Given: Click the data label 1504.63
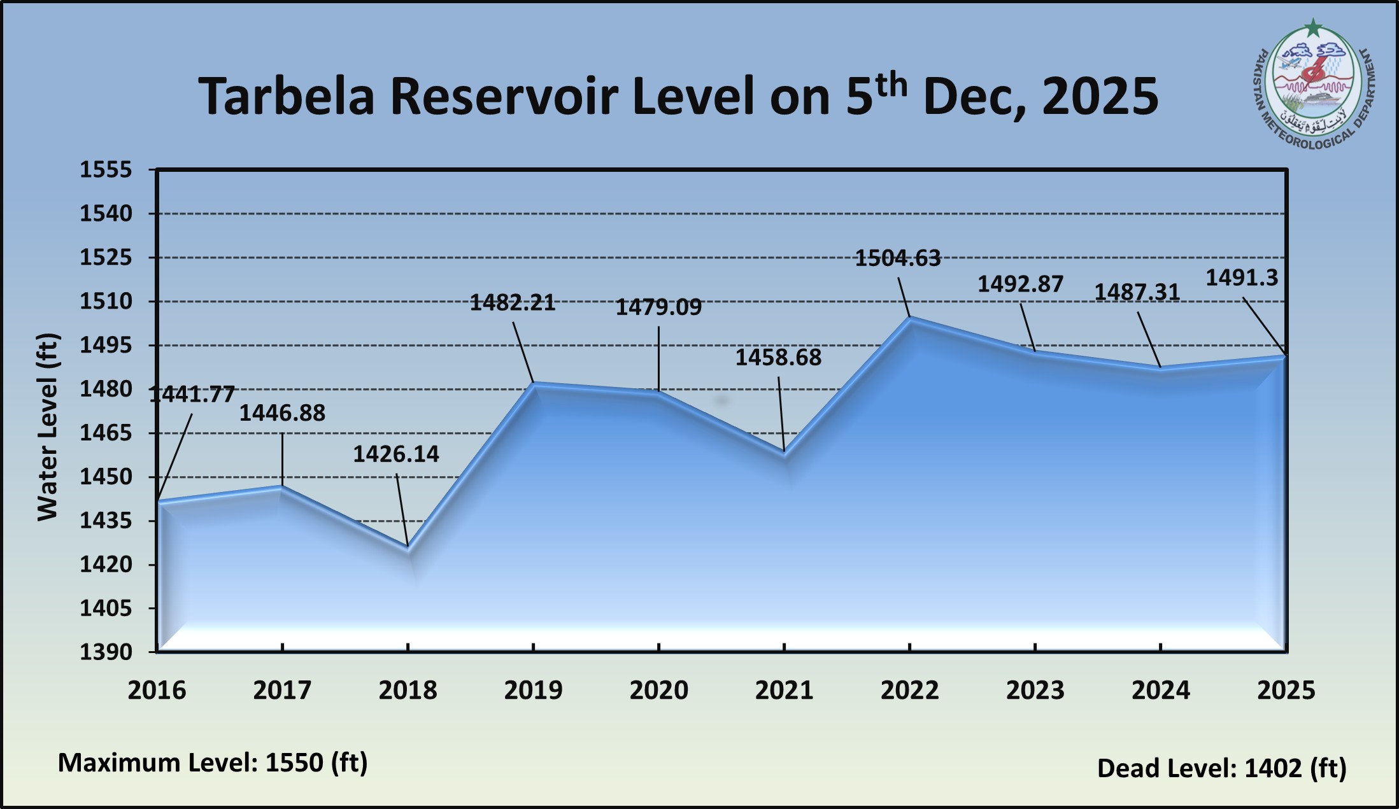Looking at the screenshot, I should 897,258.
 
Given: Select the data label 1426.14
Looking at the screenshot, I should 395,454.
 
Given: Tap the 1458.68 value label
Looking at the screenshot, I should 778,358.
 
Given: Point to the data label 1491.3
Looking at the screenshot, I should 1242,278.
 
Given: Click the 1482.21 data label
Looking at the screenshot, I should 513,303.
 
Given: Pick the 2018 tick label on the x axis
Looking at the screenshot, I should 408,691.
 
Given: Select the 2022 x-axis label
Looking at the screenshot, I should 909,691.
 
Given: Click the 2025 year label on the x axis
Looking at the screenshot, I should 1286,691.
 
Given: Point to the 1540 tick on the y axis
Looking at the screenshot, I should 106,214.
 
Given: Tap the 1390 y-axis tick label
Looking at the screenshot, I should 106,652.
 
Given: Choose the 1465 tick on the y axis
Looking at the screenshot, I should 106,433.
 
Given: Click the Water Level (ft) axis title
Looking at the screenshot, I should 48,426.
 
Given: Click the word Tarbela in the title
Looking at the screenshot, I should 286,97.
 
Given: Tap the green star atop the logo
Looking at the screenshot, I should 1312,28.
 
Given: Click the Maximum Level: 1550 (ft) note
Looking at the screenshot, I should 213,763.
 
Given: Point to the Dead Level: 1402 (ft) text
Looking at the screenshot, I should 1221,768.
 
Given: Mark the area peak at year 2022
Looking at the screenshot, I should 909,318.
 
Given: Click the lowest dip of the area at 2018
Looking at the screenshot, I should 408,547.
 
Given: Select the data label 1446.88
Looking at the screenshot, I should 282,414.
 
